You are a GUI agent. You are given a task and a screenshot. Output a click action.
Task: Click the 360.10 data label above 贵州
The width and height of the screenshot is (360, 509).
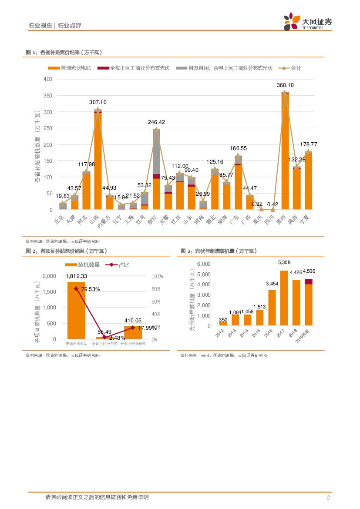point(285,85)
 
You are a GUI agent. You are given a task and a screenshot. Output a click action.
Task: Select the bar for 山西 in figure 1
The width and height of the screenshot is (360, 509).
point(98,161)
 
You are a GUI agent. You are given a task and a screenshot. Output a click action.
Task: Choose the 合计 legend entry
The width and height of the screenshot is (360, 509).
point(292,68)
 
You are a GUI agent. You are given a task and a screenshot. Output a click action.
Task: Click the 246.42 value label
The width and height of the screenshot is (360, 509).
point(156,122)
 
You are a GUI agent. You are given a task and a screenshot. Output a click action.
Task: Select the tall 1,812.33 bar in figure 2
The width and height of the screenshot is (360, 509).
point(76,310)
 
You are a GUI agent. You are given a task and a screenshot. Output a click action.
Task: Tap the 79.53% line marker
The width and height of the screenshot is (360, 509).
point(76,288)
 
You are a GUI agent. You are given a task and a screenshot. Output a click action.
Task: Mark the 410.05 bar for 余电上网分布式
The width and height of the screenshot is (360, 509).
point(133,332)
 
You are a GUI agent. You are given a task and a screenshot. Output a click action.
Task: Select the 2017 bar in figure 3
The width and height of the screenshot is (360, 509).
point(284,298)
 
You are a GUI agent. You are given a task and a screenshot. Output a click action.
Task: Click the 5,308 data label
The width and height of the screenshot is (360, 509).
point(284,262)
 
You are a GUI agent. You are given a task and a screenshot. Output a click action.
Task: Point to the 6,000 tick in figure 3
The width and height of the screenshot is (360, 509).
point(204,264)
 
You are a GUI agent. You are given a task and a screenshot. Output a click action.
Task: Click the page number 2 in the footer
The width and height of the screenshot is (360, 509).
point(328,497)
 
